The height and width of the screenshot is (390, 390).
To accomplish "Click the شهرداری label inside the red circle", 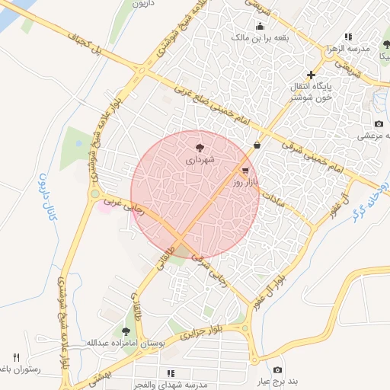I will pyautogui.click(x=200, y=161).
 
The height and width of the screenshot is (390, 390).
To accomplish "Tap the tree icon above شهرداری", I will pyautogui.click(x=200, y=147).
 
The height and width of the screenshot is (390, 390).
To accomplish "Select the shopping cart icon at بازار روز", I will pyautogui.click(x=245, y=171).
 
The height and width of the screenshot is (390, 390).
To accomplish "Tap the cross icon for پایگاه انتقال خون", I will pyautogui.click(x=310, y=74).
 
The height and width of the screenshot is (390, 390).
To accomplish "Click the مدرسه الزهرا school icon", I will pyautogui.click(x=347, y=36).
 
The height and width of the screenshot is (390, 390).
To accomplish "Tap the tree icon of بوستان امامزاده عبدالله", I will pyautogui.click(x=126, y=331).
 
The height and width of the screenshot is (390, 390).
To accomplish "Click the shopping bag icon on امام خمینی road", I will pyautogui.click(x=257, y=144).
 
